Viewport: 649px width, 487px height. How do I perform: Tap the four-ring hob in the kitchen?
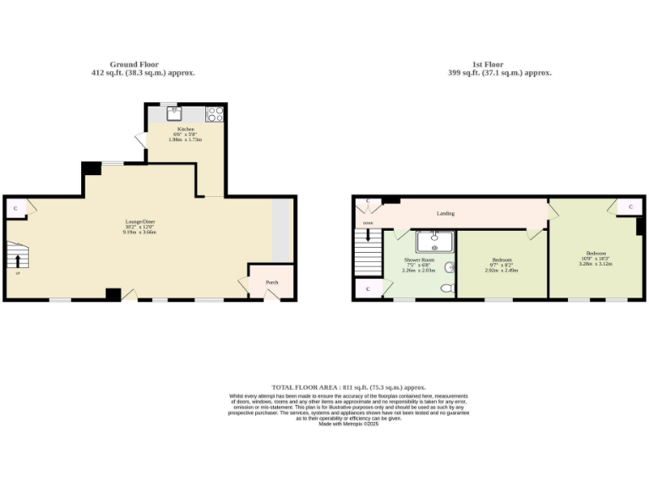coord(215,113)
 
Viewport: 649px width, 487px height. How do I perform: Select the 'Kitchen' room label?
coord(185,129)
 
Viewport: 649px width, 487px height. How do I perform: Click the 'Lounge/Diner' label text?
coord(140,222)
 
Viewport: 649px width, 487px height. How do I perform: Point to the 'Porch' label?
coord(272,282)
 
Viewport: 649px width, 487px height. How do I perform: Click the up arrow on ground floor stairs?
coord(18,260)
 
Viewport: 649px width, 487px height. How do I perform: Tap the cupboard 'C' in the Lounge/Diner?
coord(15,207)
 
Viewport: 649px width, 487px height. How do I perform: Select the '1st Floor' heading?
coord(488,64)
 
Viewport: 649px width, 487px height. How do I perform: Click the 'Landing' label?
coord(446,213)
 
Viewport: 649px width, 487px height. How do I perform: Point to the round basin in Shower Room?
coord(450,267)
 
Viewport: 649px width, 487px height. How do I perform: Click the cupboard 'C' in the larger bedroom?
coord(630,206)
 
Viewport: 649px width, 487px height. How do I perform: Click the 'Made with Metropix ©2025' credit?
coord(347,424)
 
